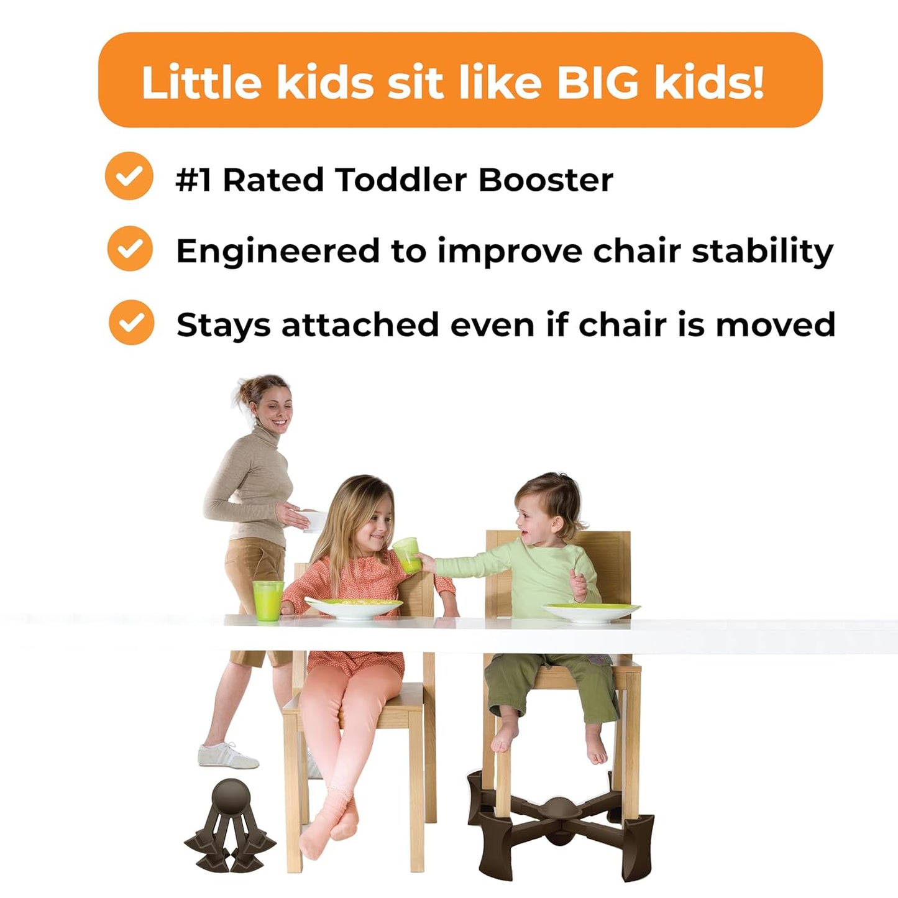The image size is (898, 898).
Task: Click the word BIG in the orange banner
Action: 597,83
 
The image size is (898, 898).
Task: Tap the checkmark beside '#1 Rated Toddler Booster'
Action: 129,176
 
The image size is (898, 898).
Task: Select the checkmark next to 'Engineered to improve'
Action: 130,249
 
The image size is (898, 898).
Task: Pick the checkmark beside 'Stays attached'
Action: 131,323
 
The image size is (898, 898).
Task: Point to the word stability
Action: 763,252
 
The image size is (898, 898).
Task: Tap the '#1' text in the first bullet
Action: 193,180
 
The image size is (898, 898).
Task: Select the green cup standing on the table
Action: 268,600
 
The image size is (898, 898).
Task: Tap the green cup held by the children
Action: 406,554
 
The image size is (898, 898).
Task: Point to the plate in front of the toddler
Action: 590,612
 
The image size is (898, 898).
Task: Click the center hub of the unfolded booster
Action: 559,809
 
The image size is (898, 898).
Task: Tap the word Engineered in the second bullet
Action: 277,252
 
